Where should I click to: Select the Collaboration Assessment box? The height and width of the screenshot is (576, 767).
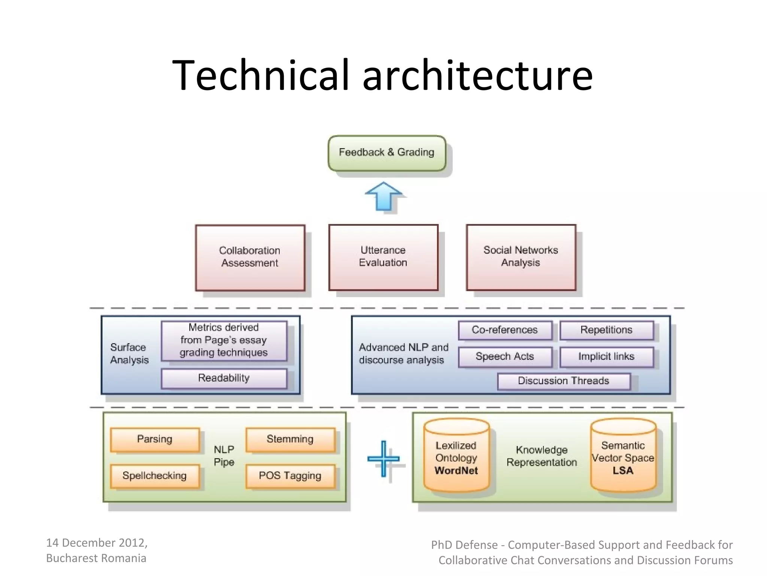tap(250, 258)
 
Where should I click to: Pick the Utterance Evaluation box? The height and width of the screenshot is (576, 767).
tap(383, 257)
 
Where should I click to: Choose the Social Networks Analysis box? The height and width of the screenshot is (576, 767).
tap(521, 257)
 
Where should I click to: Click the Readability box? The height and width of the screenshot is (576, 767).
tap(224, 378)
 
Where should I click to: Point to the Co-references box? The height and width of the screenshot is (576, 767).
tap(505, 330)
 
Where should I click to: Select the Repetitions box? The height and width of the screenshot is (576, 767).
tap(606, 330)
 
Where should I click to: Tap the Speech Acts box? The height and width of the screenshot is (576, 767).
tap(505, 357)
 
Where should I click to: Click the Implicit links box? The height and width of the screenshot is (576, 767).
tap(606, 357)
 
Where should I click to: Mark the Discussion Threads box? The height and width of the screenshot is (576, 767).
tap(564, 381)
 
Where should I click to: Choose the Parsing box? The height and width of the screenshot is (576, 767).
tap(155, 439)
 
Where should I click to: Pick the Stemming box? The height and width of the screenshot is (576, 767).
tap(290, 439)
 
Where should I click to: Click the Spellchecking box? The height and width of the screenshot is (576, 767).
tap(155, 476)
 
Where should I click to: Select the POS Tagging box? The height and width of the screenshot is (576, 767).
tap(290, 476)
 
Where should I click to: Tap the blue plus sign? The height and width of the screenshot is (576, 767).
tap(383, 458)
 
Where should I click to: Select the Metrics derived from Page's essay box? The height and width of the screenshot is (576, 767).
tap(224, 340)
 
